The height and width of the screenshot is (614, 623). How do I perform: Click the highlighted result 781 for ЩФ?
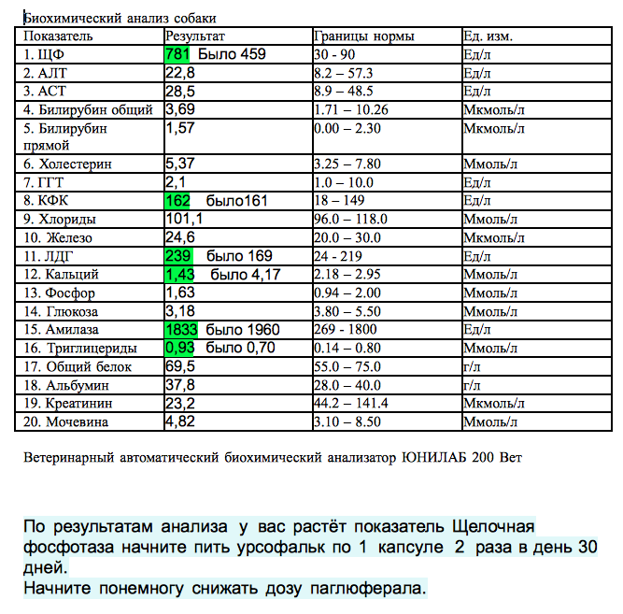tap(178, 54)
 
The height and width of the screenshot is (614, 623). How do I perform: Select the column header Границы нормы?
tap(364, 36)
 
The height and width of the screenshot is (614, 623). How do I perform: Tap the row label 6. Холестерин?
tap(68, 164)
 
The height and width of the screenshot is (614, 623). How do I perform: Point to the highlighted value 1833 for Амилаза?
tap(183, 330)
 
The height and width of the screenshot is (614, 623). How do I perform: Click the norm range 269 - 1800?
tap(351, 330)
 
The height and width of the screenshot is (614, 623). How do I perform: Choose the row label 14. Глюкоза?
tap(62, 311)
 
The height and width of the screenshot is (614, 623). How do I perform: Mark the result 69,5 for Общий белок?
tap(179, 366)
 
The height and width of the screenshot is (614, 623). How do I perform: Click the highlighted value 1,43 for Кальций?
tap(179, 275)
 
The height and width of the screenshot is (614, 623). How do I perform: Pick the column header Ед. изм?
tap(488, 36)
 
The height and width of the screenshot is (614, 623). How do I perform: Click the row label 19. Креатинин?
tap(66, 404)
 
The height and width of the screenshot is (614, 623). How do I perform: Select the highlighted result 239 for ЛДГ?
tap(177, 256)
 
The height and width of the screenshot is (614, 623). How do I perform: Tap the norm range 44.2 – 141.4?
tap(363, 404)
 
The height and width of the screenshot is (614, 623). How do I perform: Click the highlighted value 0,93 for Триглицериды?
tap(179, 348)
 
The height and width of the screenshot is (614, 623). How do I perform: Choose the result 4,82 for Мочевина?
tap(179, 421)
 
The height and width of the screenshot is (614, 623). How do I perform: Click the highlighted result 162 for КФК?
tap(177, 201)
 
